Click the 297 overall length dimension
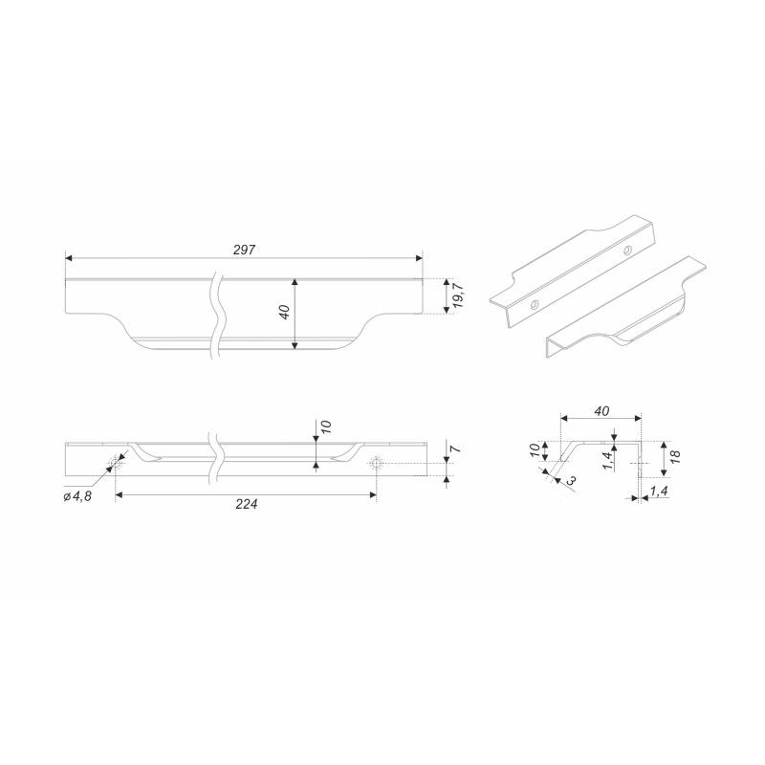point(244,250)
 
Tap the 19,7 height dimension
point(458,296)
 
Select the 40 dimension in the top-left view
point(285,312)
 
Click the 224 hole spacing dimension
point(247,504)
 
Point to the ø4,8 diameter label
point(77,496)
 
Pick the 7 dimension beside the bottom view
point(457,448)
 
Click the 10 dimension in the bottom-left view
point(326,426)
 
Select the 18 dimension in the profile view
point(675,456)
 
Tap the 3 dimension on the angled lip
point(571,480)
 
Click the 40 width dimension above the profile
point(601,411)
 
